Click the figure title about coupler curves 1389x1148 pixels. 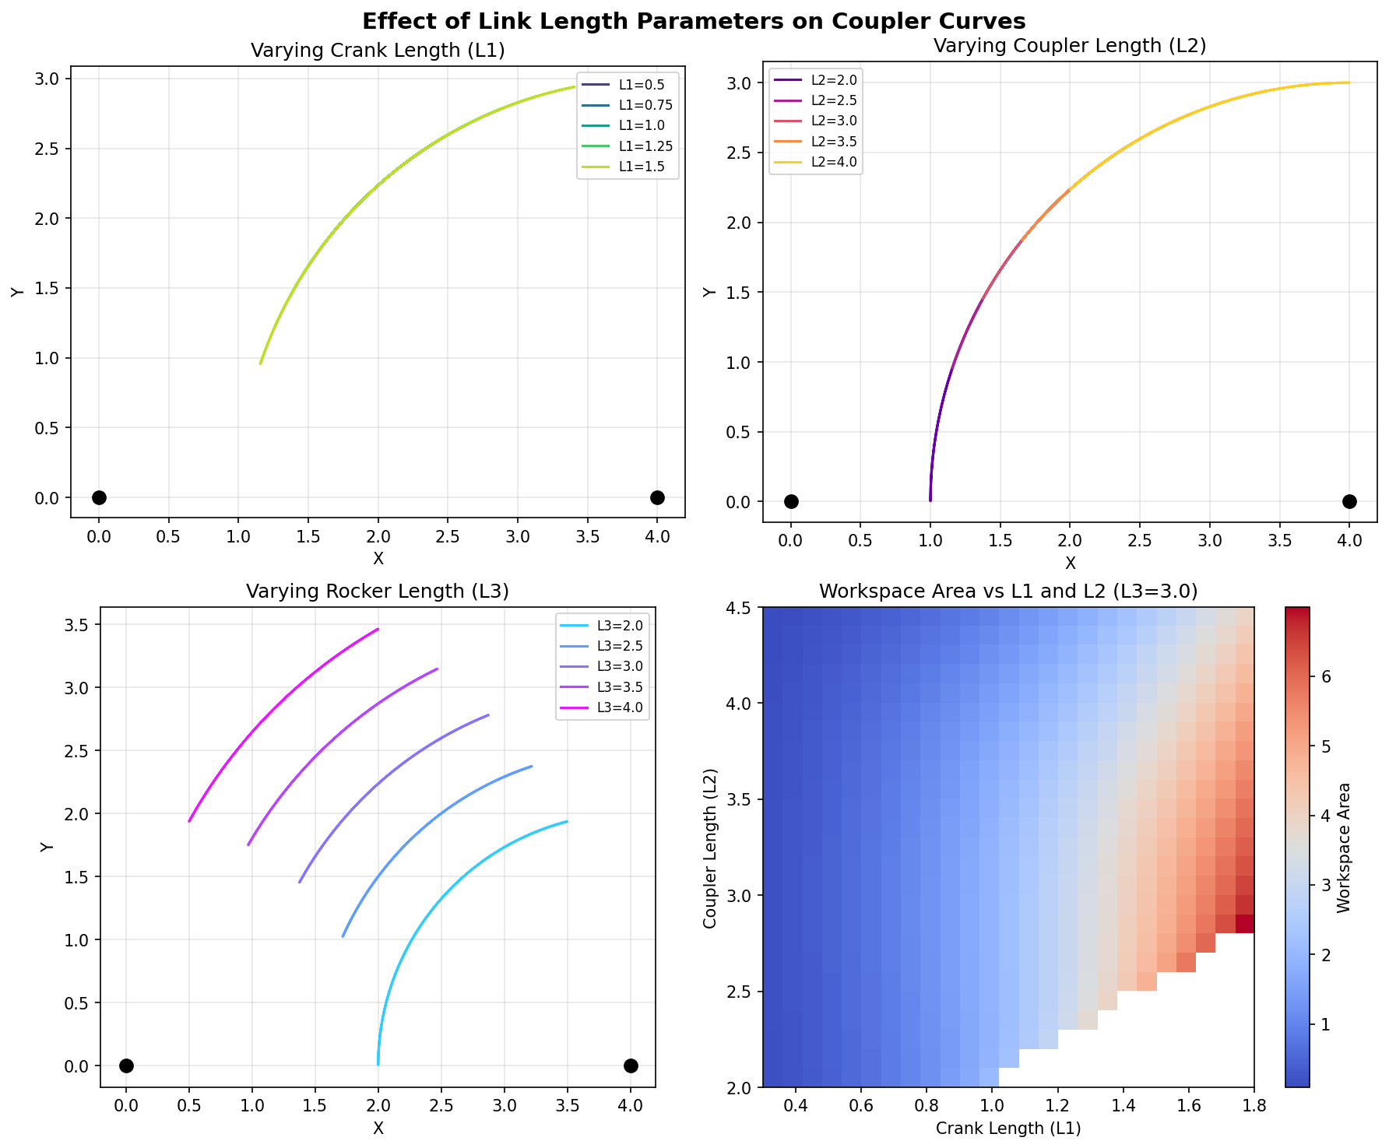pyautogui.click(x=694, y=20)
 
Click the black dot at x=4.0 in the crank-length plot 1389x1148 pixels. pyautogui.click(x=657, y=497)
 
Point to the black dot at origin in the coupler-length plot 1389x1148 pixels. pyautogui.click(x=791, y=501)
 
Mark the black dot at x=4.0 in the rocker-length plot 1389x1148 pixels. pyautogui.click(x=631, y=1065)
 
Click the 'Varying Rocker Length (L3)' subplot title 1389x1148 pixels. pyautogui.click(x=378, y=592)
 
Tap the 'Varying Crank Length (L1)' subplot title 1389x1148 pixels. pyautogui.click(x=378, y=52)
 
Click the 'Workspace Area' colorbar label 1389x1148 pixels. pyautogui.click(x=1343, y=847)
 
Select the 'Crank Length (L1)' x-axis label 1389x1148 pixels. pyautogui.click(x=1008, y=1128)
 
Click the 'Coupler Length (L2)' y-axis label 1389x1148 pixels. pyautogui.click(x=709, y=847)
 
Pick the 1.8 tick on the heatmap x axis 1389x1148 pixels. pyautogui.click(x=1254, y=1105)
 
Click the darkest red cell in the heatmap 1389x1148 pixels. pyautogui.click(x=1244, y=923)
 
